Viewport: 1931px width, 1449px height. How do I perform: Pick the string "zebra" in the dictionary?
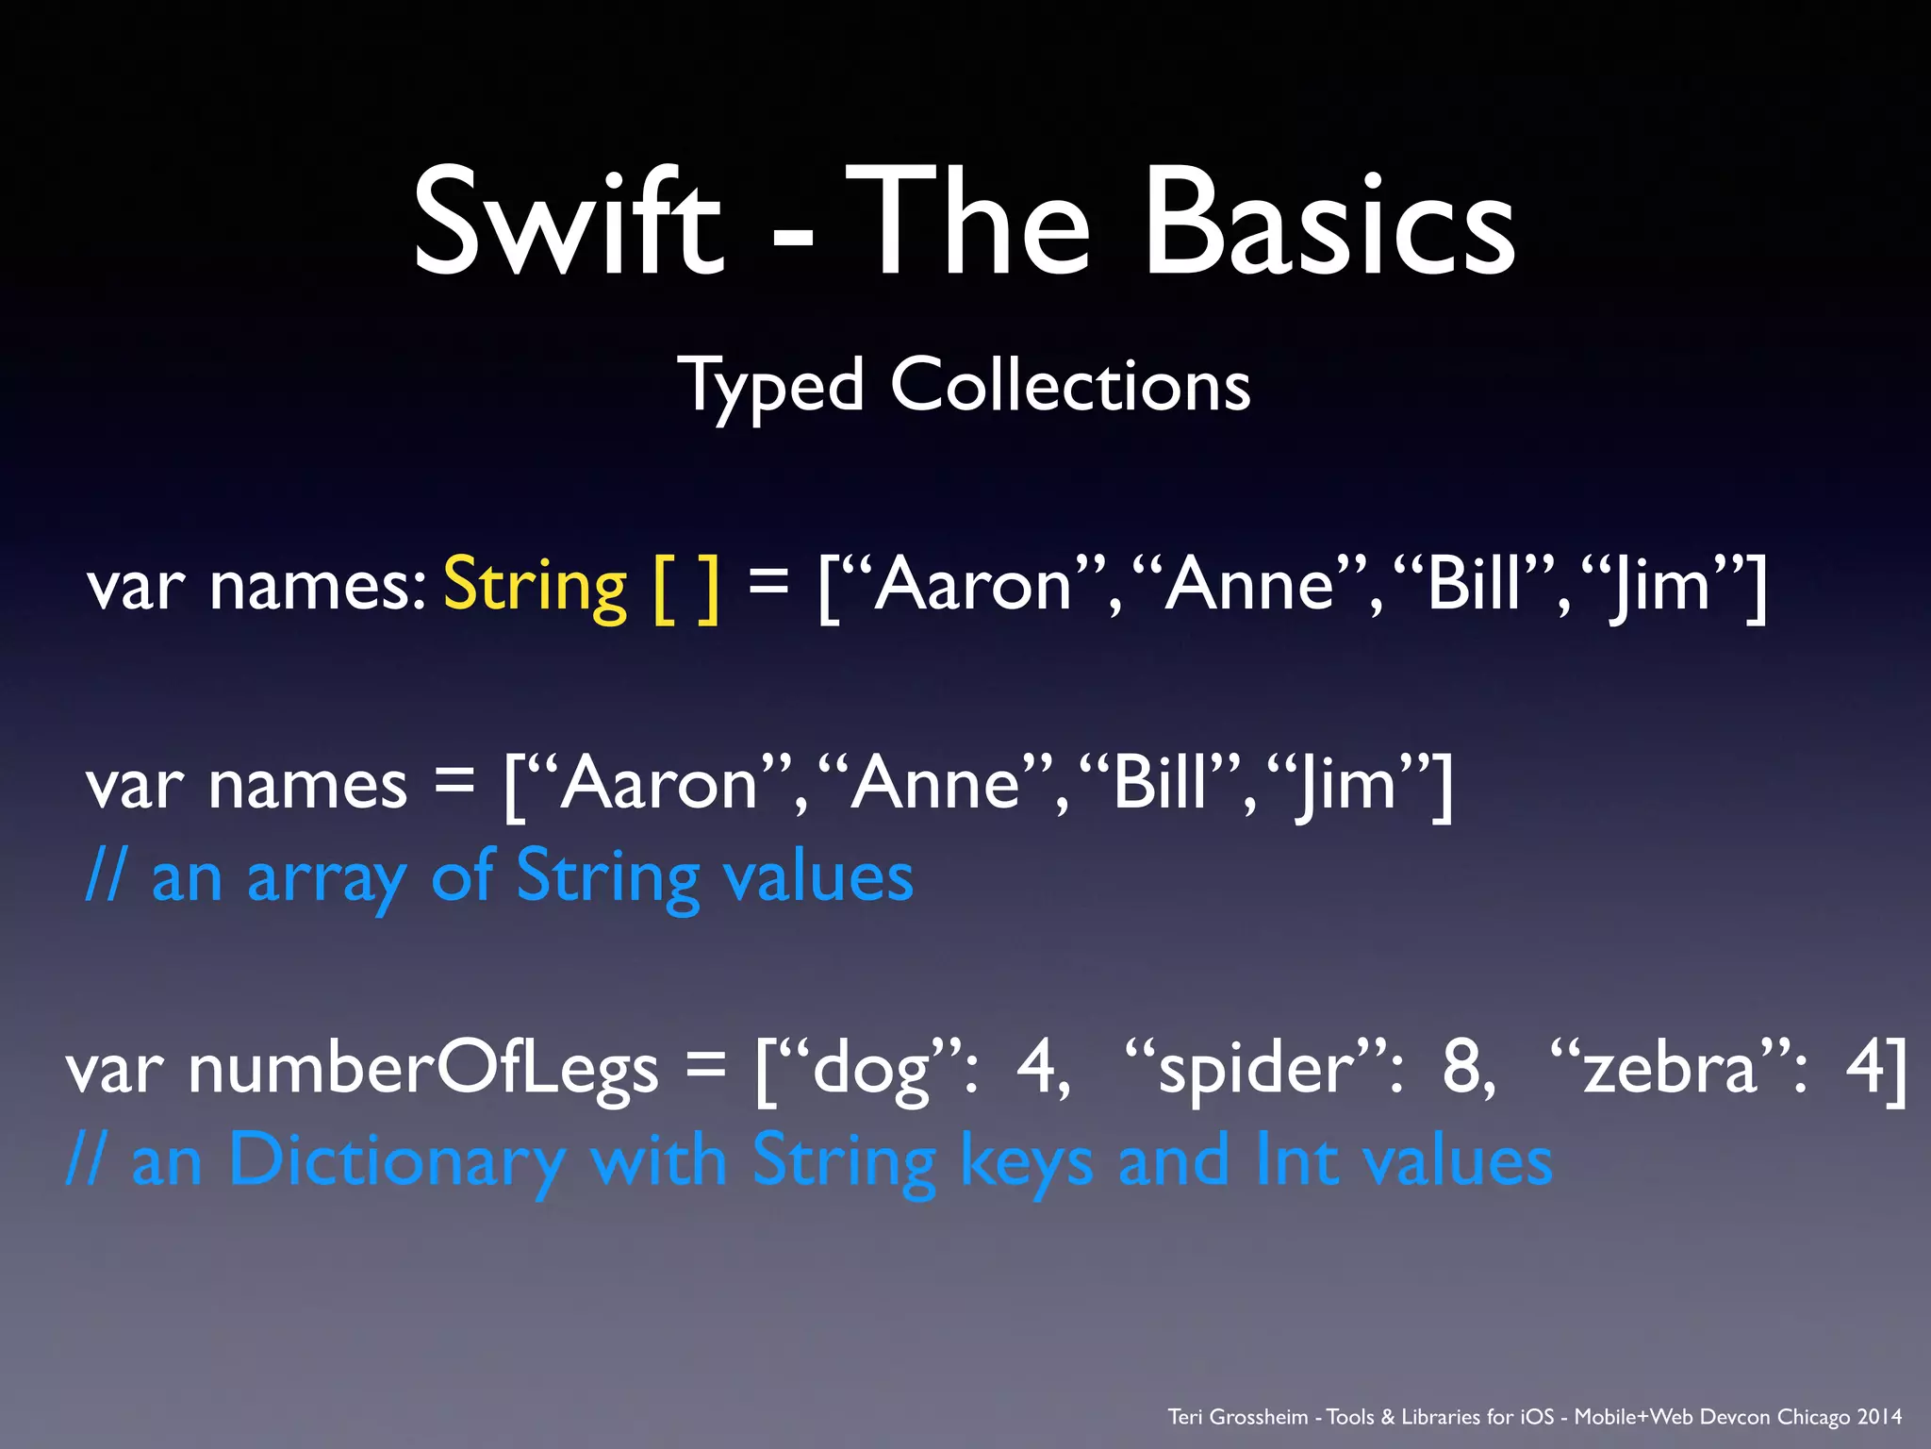[x=1669, y=1068]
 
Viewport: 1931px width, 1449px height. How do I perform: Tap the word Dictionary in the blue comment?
[x=397, y=1160]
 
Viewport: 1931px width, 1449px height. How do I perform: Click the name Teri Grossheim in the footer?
[x=1238, y=1417]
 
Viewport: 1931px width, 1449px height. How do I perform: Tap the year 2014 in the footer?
[x=1879, y=1417]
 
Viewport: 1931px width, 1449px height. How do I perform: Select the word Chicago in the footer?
[x=1813, y=1417]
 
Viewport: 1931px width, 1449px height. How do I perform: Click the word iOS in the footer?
[x=1537, y=1417]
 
